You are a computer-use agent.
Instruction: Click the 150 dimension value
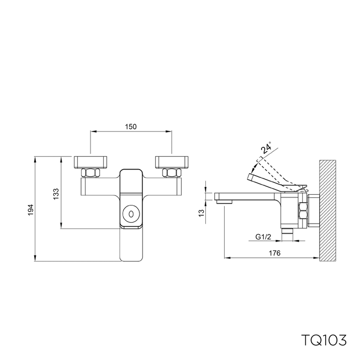[x=131, y=126]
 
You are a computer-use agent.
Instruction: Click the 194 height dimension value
[x=31, y=209]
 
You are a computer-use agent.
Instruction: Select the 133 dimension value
[x=56, y=194]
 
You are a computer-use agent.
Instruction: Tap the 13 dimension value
[x=201, y=213]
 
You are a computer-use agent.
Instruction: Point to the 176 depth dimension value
[x=275, y=253]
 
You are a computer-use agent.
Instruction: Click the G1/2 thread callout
[x=263, y=237]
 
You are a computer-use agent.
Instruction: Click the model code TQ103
[x=324, y=340]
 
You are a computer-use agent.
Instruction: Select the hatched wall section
[x=327, y=211]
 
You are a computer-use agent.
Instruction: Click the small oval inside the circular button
[x=131, y=214]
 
